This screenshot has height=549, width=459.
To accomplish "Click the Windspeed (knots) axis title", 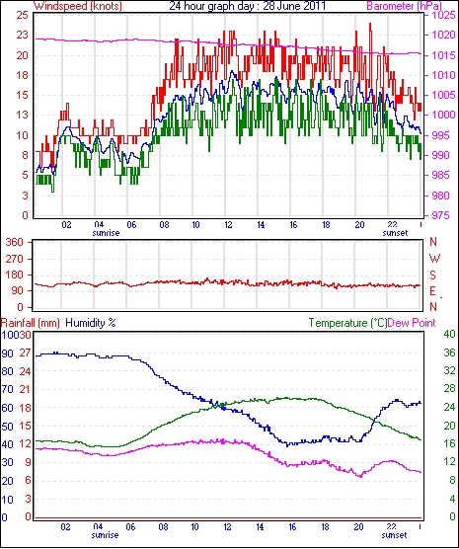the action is [x=78, y=6].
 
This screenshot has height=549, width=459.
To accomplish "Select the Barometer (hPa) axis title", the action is [x=404, y=6].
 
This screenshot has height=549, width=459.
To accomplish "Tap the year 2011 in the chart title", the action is [x=313, y=6].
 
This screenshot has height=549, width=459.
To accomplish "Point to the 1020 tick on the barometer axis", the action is [x=435, y=35].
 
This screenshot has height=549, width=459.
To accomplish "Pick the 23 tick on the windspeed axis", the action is [x=22, y=35].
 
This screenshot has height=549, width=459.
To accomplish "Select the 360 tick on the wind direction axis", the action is [x=16, y=242].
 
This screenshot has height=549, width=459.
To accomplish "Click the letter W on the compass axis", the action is [x=434, y=259].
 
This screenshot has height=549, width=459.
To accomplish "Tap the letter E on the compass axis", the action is [x=433, y=291].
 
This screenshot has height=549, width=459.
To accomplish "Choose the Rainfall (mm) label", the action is [x=31, y=323].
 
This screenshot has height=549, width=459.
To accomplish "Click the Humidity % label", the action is [x=91, y=323].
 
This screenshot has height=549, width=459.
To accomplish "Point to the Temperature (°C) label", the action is [x=347, y=323].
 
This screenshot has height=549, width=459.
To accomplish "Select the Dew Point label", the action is [x=412, y=323].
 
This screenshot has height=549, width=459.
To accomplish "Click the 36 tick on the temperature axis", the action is [x=449, y=353].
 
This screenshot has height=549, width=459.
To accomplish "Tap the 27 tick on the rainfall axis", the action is [x=25, y=353].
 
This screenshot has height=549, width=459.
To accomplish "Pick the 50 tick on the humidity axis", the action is [x=7, y=427].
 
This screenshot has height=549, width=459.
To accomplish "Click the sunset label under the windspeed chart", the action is [x=395, y=233].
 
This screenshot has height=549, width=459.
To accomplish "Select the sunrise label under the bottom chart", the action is [x=105, y=535].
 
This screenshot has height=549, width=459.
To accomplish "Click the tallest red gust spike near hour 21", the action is [x=370, y=24].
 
